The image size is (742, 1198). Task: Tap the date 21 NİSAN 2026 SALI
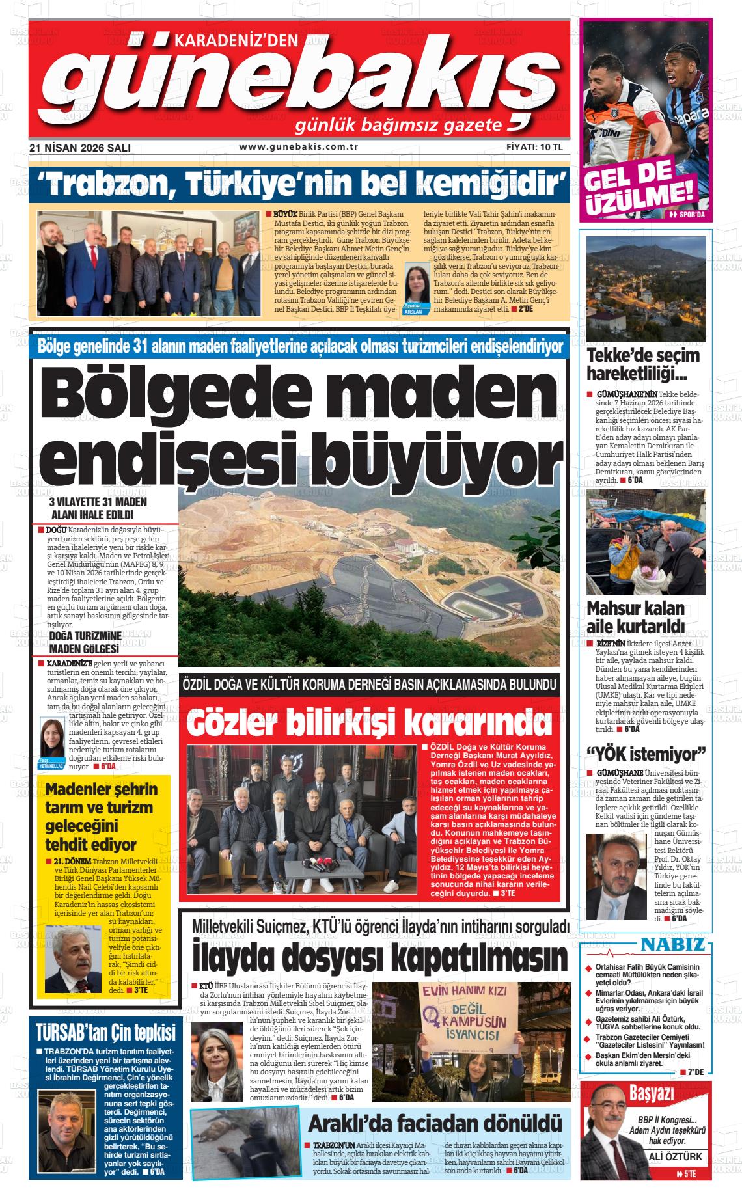[80, 148]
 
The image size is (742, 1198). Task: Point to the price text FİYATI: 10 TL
[534, 147]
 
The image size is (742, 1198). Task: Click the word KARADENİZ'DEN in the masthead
[237, 41]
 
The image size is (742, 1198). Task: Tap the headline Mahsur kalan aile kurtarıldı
[635, 617]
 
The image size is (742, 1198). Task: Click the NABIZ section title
[673, 944]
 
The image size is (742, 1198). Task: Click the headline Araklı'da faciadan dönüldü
[434, 1123]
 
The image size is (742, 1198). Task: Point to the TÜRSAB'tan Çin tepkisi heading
[105, 1033]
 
